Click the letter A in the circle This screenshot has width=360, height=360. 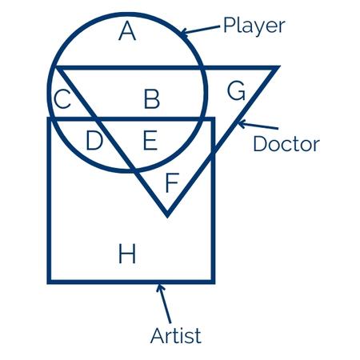[127, 31]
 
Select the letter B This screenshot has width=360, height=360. [152, 99]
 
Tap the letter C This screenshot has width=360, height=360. [62, 99]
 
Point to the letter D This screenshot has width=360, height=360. [94, 140]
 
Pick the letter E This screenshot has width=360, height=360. [150, 140]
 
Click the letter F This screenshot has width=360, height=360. [172, 182]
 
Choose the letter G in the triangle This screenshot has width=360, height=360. [236, 91]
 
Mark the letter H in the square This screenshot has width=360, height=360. [127, 254]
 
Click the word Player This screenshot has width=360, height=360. [254, 26]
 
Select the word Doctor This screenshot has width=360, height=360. [286, 143]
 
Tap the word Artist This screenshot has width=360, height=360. [176, 335]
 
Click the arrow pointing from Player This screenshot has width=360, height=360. [200, 30]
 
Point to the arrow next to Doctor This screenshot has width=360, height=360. [258, 125]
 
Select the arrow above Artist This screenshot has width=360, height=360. [163, 303]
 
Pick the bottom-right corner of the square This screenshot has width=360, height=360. [214, 282]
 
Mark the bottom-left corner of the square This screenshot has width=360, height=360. [49, 282]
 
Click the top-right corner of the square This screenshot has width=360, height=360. [214, 118]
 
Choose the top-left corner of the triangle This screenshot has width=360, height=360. [55, 66]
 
